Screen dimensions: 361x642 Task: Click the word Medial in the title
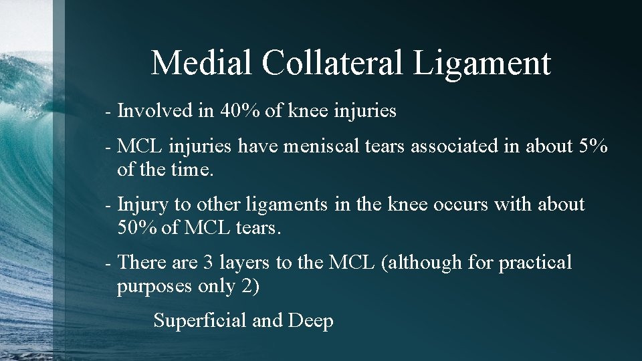pos(201,63)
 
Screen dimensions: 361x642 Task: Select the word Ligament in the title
pos(482,64)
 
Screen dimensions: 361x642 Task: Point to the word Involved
pos(154,111)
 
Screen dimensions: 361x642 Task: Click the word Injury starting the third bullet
pos(143,205)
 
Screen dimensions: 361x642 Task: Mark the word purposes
pos(155,287)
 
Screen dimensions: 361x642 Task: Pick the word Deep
pos(311,322)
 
